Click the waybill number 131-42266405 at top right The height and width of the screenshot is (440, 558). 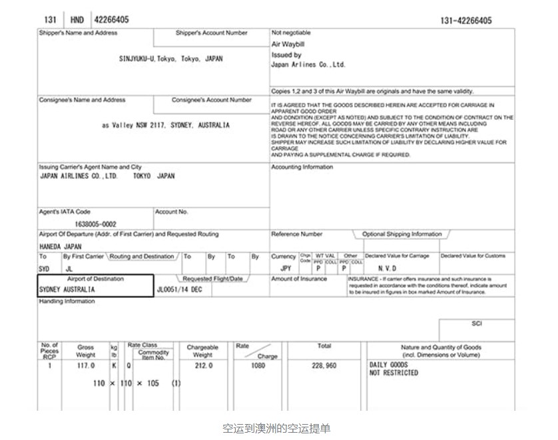coord(465,21)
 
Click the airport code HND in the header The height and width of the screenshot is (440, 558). coord(77,20)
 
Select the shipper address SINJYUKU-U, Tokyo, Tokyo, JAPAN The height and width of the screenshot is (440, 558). coord(170,58)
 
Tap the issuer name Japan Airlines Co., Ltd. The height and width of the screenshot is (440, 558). coord(308,65)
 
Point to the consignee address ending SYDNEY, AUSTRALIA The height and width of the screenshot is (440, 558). coord(166,125)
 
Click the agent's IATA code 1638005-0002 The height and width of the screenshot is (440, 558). coord(96,225)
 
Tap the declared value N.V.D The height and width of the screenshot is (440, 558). coord(387,268)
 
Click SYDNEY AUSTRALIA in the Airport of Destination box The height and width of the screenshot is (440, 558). coord(67,290)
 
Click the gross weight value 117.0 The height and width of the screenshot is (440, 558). coord(86,366)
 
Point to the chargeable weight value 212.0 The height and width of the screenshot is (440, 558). coord(203,366)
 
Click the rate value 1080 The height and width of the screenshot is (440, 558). coord(258,366)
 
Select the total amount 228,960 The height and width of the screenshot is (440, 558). coord(324,366)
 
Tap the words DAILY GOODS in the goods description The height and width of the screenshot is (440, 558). coord(388,365)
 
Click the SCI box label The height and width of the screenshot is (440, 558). coord(476,324)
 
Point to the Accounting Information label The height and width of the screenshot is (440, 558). coord(302,167)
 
